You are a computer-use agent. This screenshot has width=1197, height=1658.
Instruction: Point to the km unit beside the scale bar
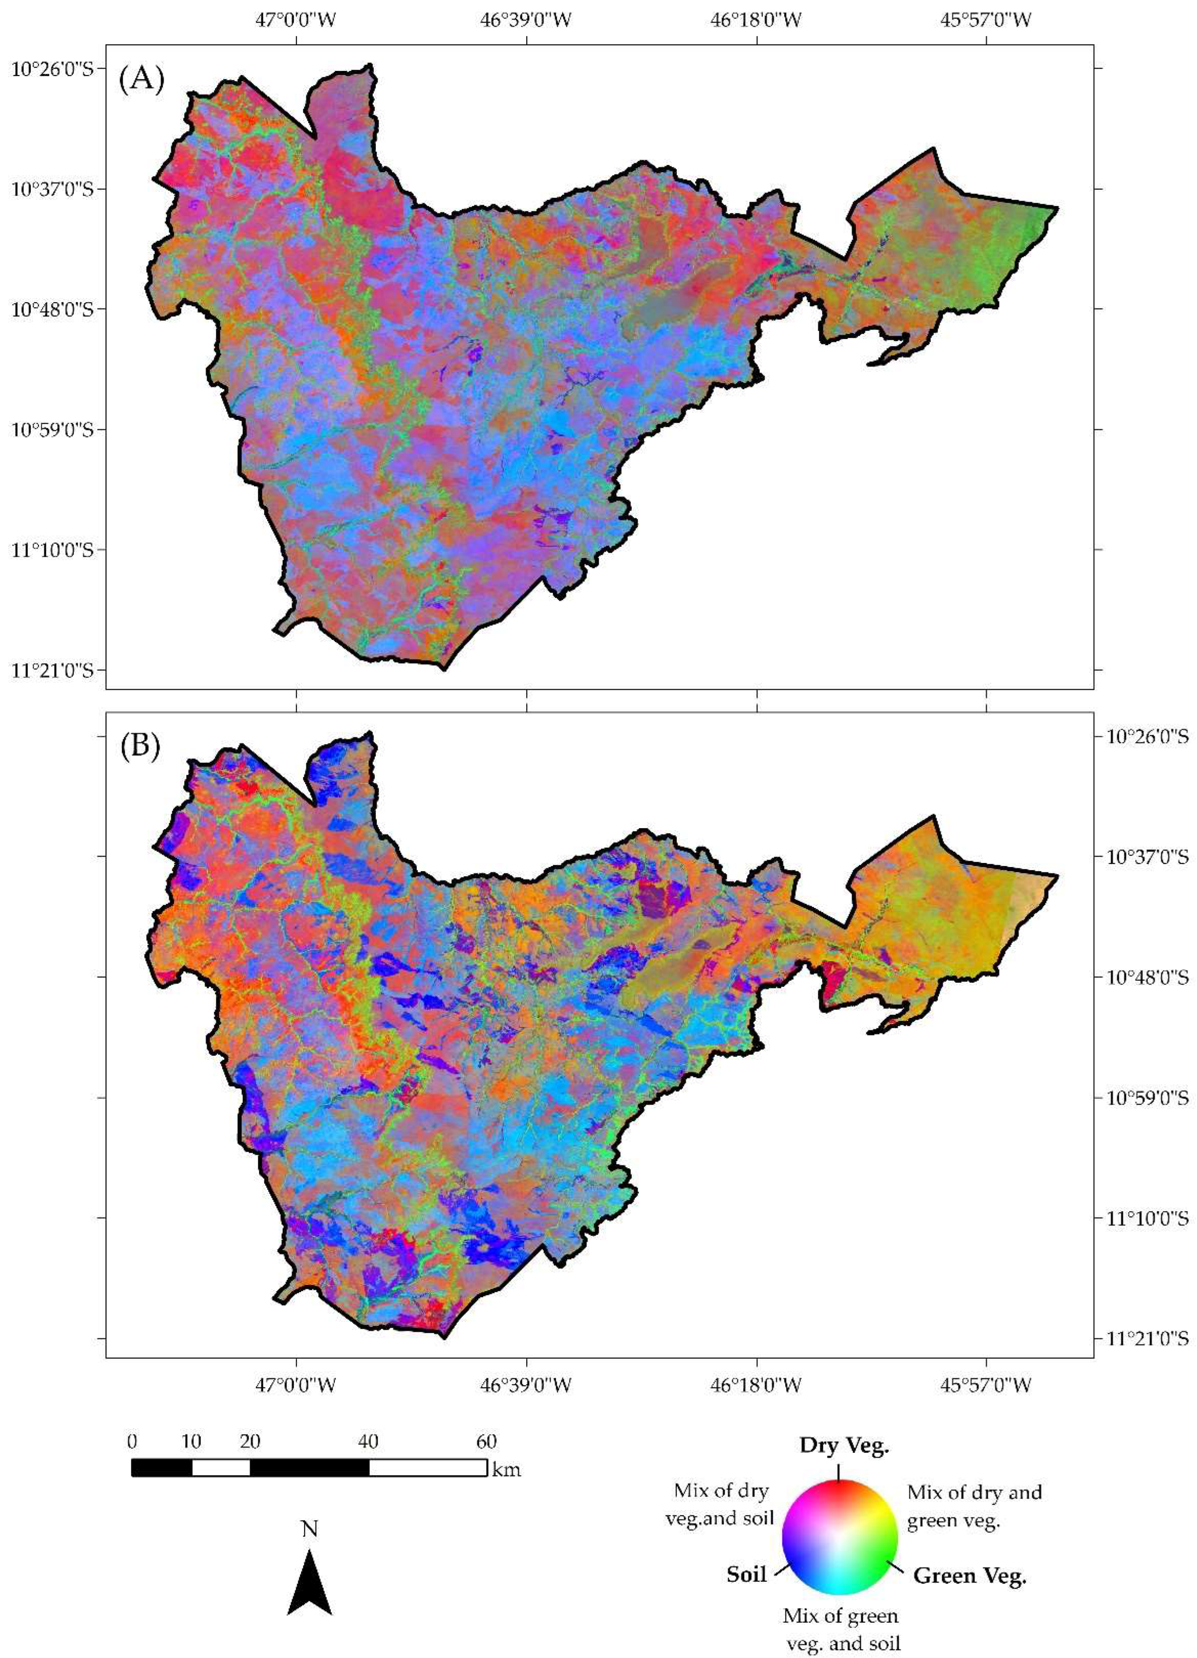507,1469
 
